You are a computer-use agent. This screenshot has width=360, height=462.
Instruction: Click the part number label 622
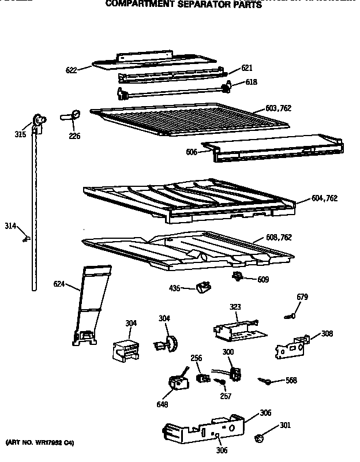point(71,70)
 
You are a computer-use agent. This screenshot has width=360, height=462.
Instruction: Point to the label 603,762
point(279,108)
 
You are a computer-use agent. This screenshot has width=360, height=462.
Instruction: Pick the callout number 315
point(20,136)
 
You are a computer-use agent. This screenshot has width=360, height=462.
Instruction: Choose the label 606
point(192,152)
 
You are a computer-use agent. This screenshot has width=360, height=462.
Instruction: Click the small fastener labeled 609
point(237,278)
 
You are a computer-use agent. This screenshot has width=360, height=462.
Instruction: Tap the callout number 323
point(235,307)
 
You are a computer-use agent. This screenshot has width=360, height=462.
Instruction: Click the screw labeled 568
point(267,380)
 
